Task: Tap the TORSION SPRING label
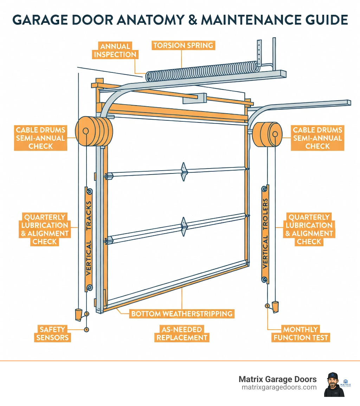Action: click(183, 45)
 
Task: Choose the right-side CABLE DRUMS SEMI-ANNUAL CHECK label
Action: click(317, 138)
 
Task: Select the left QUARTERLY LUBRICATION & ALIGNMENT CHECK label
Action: click(45, 229)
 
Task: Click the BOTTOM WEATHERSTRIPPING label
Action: click(181, 313)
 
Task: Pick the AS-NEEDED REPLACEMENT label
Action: click(182, 334)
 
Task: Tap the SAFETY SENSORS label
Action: click(52, 334)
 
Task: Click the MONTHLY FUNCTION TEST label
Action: click(306, 334)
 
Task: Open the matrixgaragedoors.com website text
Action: click(279, 387)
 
